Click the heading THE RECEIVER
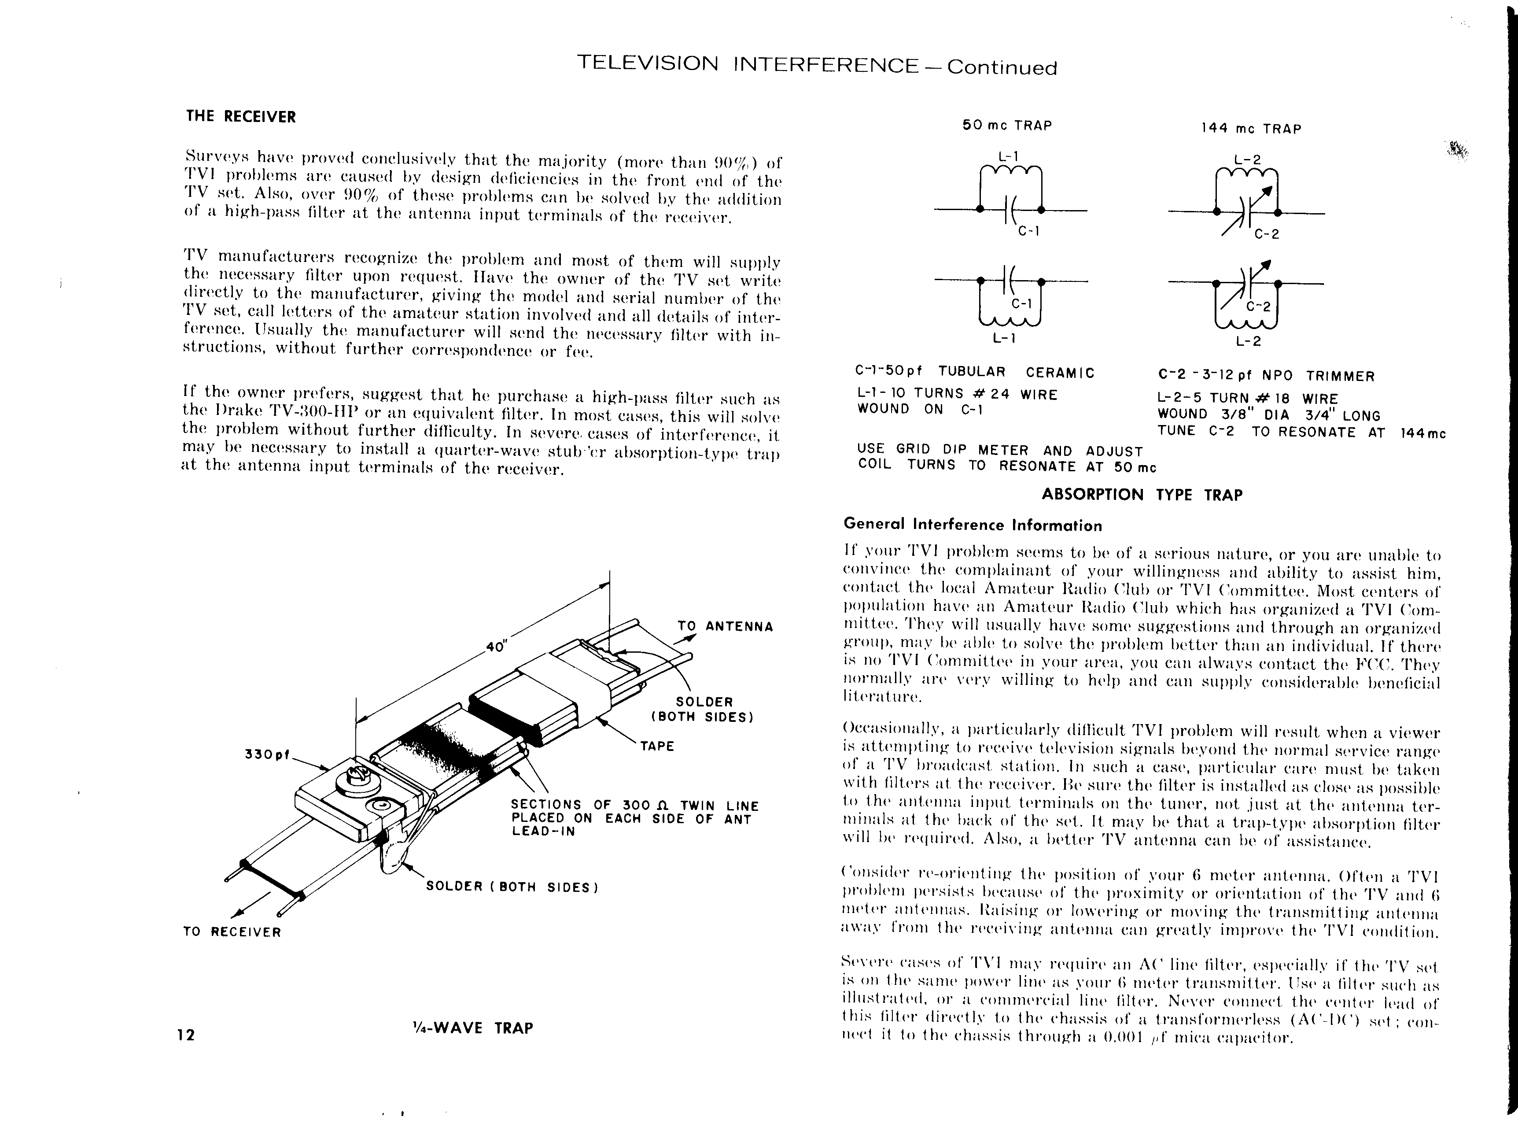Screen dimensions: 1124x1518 tap(241, 116)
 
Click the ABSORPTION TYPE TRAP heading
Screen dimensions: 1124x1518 tap(1142, 495)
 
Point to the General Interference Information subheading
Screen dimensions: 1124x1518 tap(973, 525)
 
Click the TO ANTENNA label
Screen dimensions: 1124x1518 tap(726, 627)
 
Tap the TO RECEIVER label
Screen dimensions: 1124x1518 tap(232, 932)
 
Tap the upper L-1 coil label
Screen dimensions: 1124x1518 tap(1007, 156)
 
